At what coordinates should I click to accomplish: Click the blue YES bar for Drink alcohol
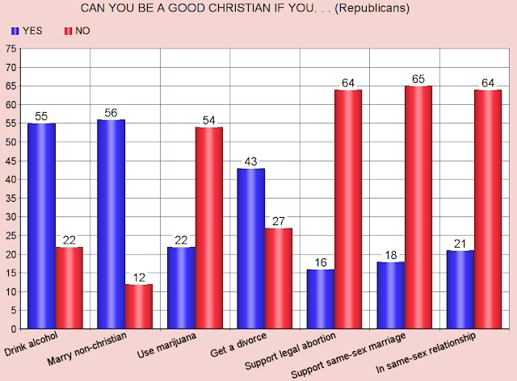[41, 226]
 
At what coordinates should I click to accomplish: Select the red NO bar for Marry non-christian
[139, 307]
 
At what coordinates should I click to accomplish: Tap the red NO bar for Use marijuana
[209, 228]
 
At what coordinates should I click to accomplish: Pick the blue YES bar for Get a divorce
[251, 249]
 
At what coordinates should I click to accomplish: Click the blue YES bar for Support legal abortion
[321, 299]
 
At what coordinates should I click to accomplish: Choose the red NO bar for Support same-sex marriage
[418, 207]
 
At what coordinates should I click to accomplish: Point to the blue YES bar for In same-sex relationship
[460, 289]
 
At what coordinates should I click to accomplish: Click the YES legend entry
[27, 31]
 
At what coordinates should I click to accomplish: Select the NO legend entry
[78, 31]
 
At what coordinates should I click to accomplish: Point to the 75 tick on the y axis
[11, 48]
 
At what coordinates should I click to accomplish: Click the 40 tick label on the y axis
[11, 180]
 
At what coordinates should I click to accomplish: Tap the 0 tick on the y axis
[14, 329]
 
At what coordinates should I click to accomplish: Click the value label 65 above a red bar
[418, 79]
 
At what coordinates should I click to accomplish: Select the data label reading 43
[250, 161]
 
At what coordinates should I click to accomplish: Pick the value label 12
[139, 278]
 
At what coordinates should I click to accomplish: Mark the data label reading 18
[391, 255]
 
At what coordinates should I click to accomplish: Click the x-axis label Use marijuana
[166, 345]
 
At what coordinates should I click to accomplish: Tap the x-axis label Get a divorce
[238, 345]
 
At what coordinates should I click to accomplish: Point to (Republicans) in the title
[372, 8]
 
